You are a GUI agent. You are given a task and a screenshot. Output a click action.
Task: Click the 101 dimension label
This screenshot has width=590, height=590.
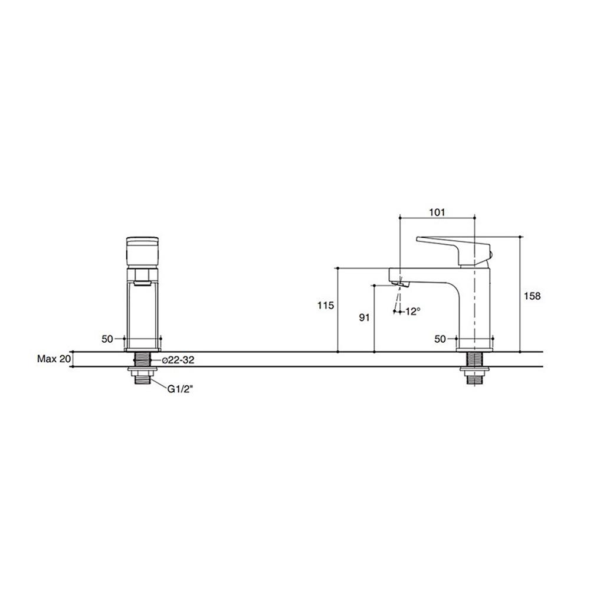pos(437,212)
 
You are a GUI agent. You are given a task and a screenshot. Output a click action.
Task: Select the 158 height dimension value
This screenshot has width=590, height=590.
pos(532,296)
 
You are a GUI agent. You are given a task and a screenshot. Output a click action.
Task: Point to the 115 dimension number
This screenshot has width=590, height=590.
pos(325,305)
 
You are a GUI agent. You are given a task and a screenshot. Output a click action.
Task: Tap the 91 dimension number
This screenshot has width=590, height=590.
pos(364,317)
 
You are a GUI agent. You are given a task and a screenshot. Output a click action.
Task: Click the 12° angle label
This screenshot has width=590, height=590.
pos(413,312)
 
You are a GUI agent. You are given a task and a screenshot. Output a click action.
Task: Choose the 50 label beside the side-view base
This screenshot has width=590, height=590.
pos(440,339)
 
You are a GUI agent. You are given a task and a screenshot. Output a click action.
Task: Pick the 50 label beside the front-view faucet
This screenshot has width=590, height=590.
pos(107,339)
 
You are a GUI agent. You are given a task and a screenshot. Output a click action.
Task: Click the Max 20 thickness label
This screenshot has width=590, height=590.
pos(54,359)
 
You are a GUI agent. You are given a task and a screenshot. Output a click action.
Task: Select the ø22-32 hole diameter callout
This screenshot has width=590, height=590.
pos(178,360)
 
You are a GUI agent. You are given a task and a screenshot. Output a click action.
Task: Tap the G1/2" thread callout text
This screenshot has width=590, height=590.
pos(180,389)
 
